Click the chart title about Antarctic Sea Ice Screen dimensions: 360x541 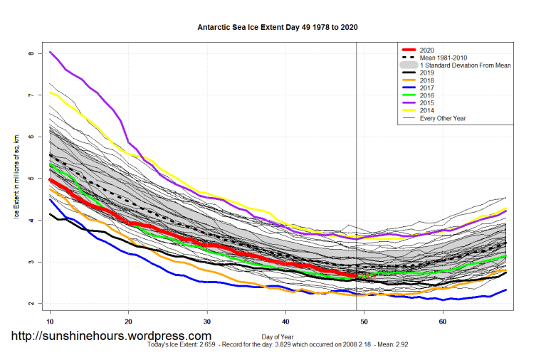(277, 27)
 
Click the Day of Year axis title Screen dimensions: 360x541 (278, 335)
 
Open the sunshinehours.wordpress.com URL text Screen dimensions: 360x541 (110, 336)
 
